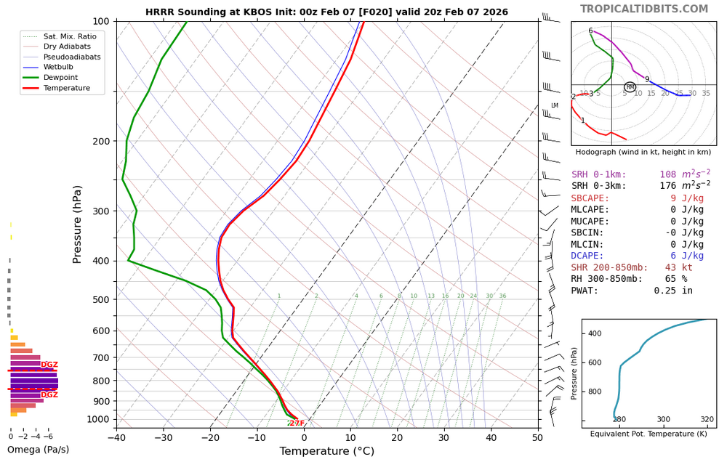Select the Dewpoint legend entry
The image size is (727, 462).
point(60,78)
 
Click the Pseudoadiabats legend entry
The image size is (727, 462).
point(72,57)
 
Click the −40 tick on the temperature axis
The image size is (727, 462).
point(116,437)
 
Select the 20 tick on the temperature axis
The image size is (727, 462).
point(397,437)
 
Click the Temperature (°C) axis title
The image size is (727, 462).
point(327,452)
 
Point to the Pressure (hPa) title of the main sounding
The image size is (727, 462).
point(77,224)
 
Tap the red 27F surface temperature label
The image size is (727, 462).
point(297,423)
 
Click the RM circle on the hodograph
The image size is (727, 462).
point(630,87)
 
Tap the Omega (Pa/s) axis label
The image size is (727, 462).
point(38,450)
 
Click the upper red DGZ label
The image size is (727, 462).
point(49,365)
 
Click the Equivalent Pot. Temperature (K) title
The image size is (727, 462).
point(648,434)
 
